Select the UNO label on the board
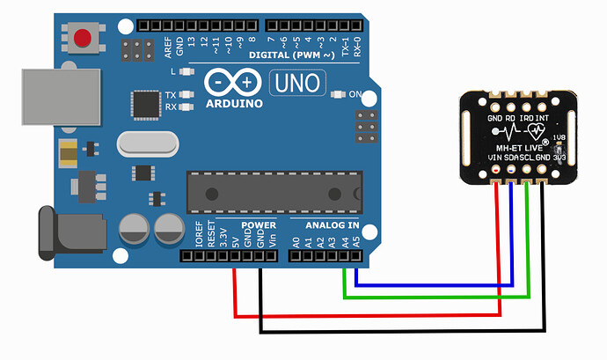299,84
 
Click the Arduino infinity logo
234,83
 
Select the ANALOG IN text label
332,224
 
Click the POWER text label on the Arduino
260,224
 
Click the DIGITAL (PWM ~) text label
293,55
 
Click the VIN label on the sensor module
495,157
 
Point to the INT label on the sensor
542,116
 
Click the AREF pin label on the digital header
168,46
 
